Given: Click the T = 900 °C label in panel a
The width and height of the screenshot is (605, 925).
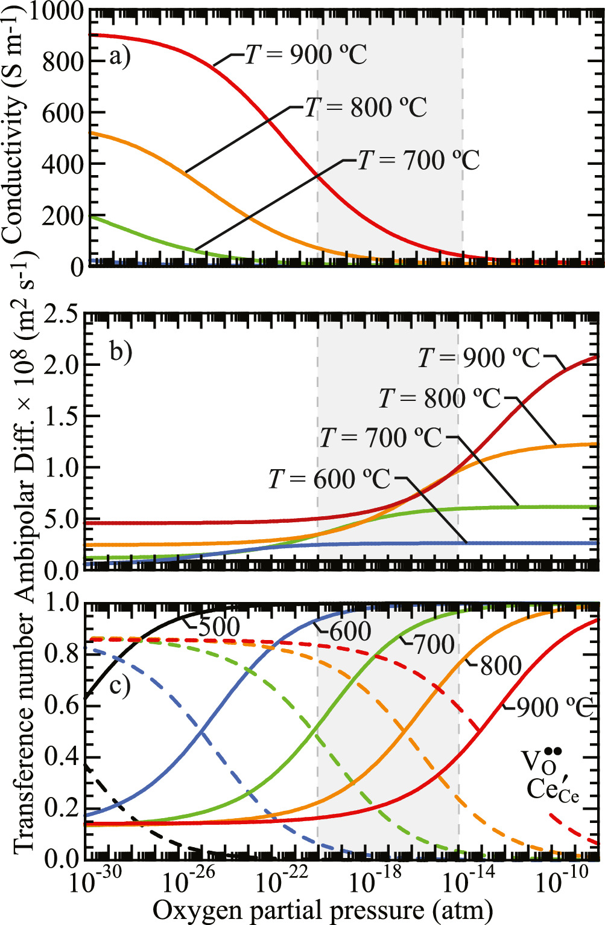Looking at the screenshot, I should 306,55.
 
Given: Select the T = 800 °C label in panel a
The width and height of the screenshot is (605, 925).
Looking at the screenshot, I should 366,108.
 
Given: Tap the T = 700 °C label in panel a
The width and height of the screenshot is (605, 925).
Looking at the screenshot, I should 419,161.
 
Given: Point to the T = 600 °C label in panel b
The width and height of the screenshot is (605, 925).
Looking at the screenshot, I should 329,479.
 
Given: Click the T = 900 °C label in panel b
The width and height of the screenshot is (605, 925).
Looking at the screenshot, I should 480,358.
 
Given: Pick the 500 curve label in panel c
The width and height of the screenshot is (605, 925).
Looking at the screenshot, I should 219,627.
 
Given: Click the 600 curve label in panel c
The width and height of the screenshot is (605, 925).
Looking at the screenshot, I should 350,632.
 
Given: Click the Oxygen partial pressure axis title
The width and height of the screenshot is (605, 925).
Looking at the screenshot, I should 323,910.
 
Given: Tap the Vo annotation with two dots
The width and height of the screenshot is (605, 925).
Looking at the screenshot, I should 541,760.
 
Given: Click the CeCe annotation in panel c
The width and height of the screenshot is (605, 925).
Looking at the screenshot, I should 553,789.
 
